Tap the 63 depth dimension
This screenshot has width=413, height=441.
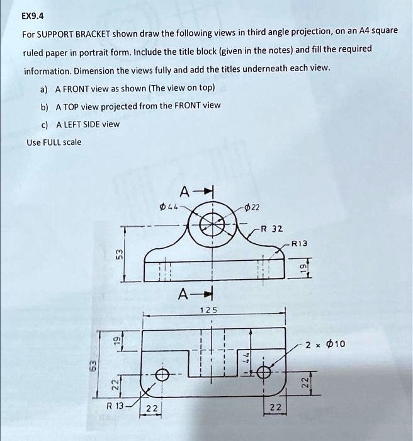pos(91,365)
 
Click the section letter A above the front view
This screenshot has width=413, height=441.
pos(184,192)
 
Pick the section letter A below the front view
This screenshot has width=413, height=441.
pos(183,293)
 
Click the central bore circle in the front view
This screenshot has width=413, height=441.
pos(213,224)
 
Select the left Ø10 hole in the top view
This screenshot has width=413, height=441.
pos(162,375)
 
